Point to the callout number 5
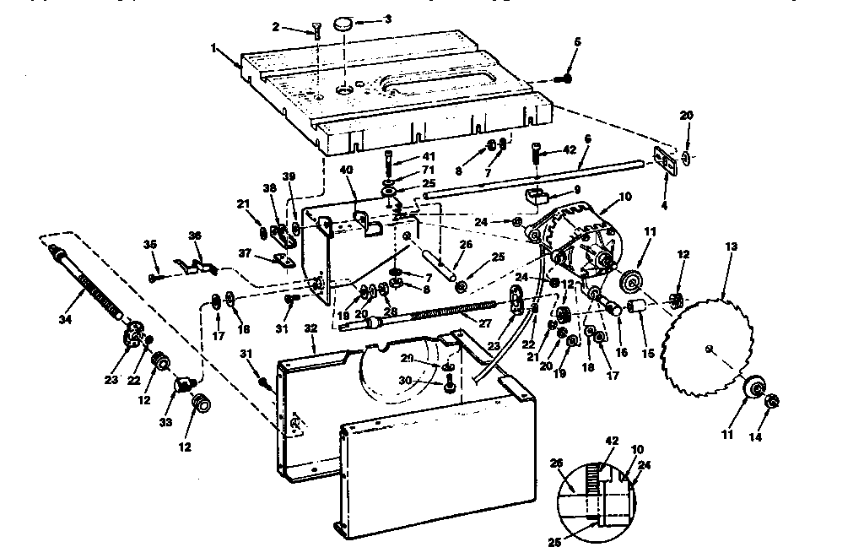click(577, 41)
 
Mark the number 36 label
click(195, 236)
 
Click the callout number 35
click(151, 244)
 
